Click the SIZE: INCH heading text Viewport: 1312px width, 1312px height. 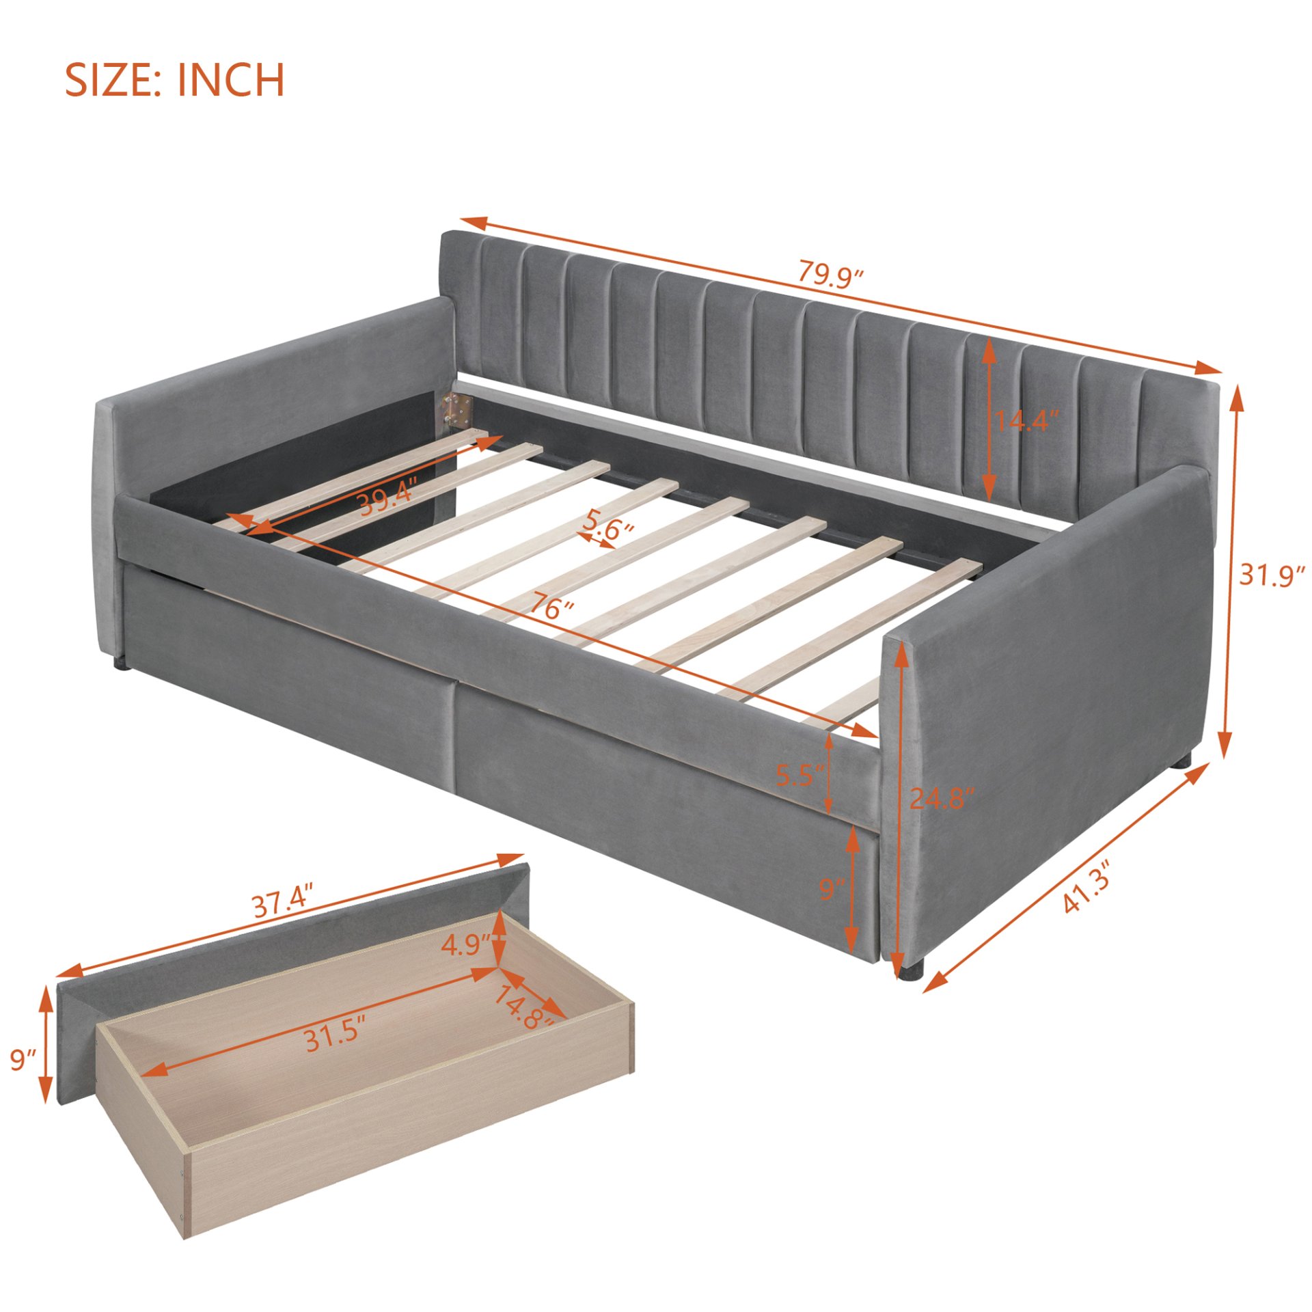(174, 80)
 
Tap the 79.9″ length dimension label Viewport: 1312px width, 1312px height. (831, 275)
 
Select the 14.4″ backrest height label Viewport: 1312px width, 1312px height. (1025, 420)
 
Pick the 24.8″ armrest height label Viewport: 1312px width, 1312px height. (940, 798)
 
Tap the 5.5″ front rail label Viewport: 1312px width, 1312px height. (801, 776)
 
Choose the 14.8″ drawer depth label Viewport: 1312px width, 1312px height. (523, 1007)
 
